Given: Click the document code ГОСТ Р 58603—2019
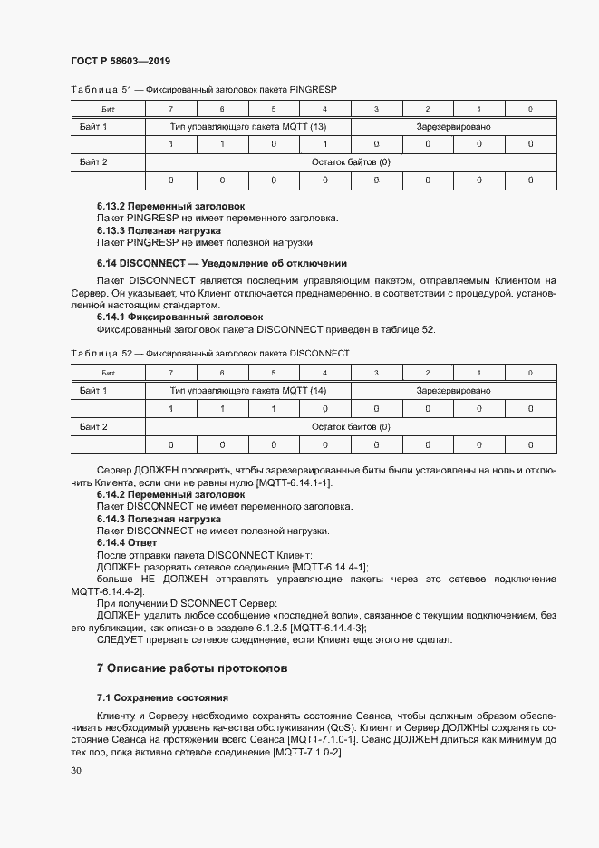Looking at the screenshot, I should pos(121,61).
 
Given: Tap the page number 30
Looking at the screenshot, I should pos(76,770).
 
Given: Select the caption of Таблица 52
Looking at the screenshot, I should pos(209,353).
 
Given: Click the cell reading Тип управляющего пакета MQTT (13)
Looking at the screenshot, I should pos(248,126).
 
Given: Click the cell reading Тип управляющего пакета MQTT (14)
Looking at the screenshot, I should pos(248,390).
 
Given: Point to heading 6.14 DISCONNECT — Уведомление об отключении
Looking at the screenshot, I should pos(216,263).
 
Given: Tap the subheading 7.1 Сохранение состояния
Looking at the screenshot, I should pos(162,697).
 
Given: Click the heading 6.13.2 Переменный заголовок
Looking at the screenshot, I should pos(170,206).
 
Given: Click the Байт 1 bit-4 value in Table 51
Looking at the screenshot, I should pos(325,144).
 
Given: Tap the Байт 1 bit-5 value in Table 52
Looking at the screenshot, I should pos(274,408).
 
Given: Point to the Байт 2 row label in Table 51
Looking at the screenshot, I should pos(93,162).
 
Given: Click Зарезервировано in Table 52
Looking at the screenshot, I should pos(453,390).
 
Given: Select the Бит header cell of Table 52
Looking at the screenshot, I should pos(108,373).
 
